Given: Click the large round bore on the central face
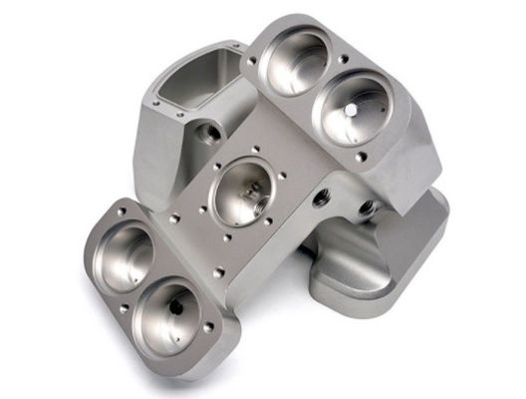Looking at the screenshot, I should point(239,191).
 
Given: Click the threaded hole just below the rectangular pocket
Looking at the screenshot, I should point(208,132).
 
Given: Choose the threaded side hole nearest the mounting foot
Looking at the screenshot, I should point(367,208).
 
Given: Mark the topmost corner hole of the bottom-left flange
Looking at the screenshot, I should point(122,211).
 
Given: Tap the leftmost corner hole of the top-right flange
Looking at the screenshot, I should point(252,61).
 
